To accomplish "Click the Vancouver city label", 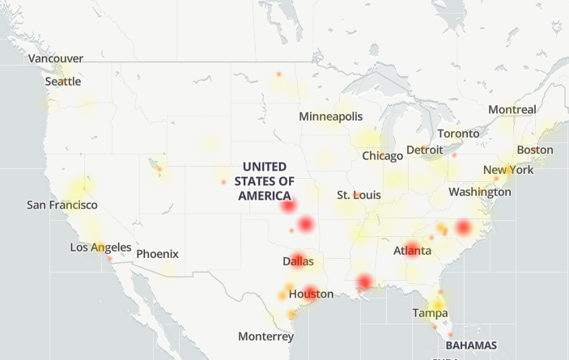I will (55, 58).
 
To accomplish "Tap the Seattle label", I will (62, 82).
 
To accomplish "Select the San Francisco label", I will (62, 205).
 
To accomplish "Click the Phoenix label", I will (157, 254).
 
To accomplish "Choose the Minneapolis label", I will (330, 116).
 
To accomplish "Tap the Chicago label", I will (382, 155).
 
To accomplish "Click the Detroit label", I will (424, 150).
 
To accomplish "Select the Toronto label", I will (458, 133).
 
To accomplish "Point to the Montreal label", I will (512, 109).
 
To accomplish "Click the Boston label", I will (535, 150).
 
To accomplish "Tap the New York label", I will (508, 170).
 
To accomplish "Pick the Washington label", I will (479, 192).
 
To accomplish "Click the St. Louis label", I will (359, 195).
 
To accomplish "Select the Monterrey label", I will (265, 336).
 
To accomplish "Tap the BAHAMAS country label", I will (472, 345).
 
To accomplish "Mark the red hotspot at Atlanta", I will (411, 249).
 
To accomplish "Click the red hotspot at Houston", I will (310, 292).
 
